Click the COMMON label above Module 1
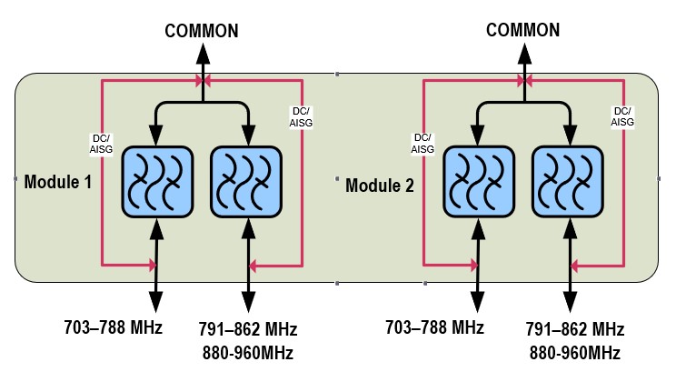pos(202,31)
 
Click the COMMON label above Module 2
pos(523,31)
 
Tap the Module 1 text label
pos(57,182)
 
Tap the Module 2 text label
pos(380,186)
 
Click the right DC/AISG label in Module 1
pos(301,116)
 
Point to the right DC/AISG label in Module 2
pos(622,116)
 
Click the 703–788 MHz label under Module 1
pos(114,327)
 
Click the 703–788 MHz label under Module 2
pos(435,327)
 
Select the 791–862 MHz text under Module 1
pos(247,329)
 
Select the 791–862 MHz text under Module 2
pos(573,329)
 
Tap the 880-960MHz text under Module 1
pos(247,352)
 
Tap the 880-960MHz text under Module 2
pos(573,352)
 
